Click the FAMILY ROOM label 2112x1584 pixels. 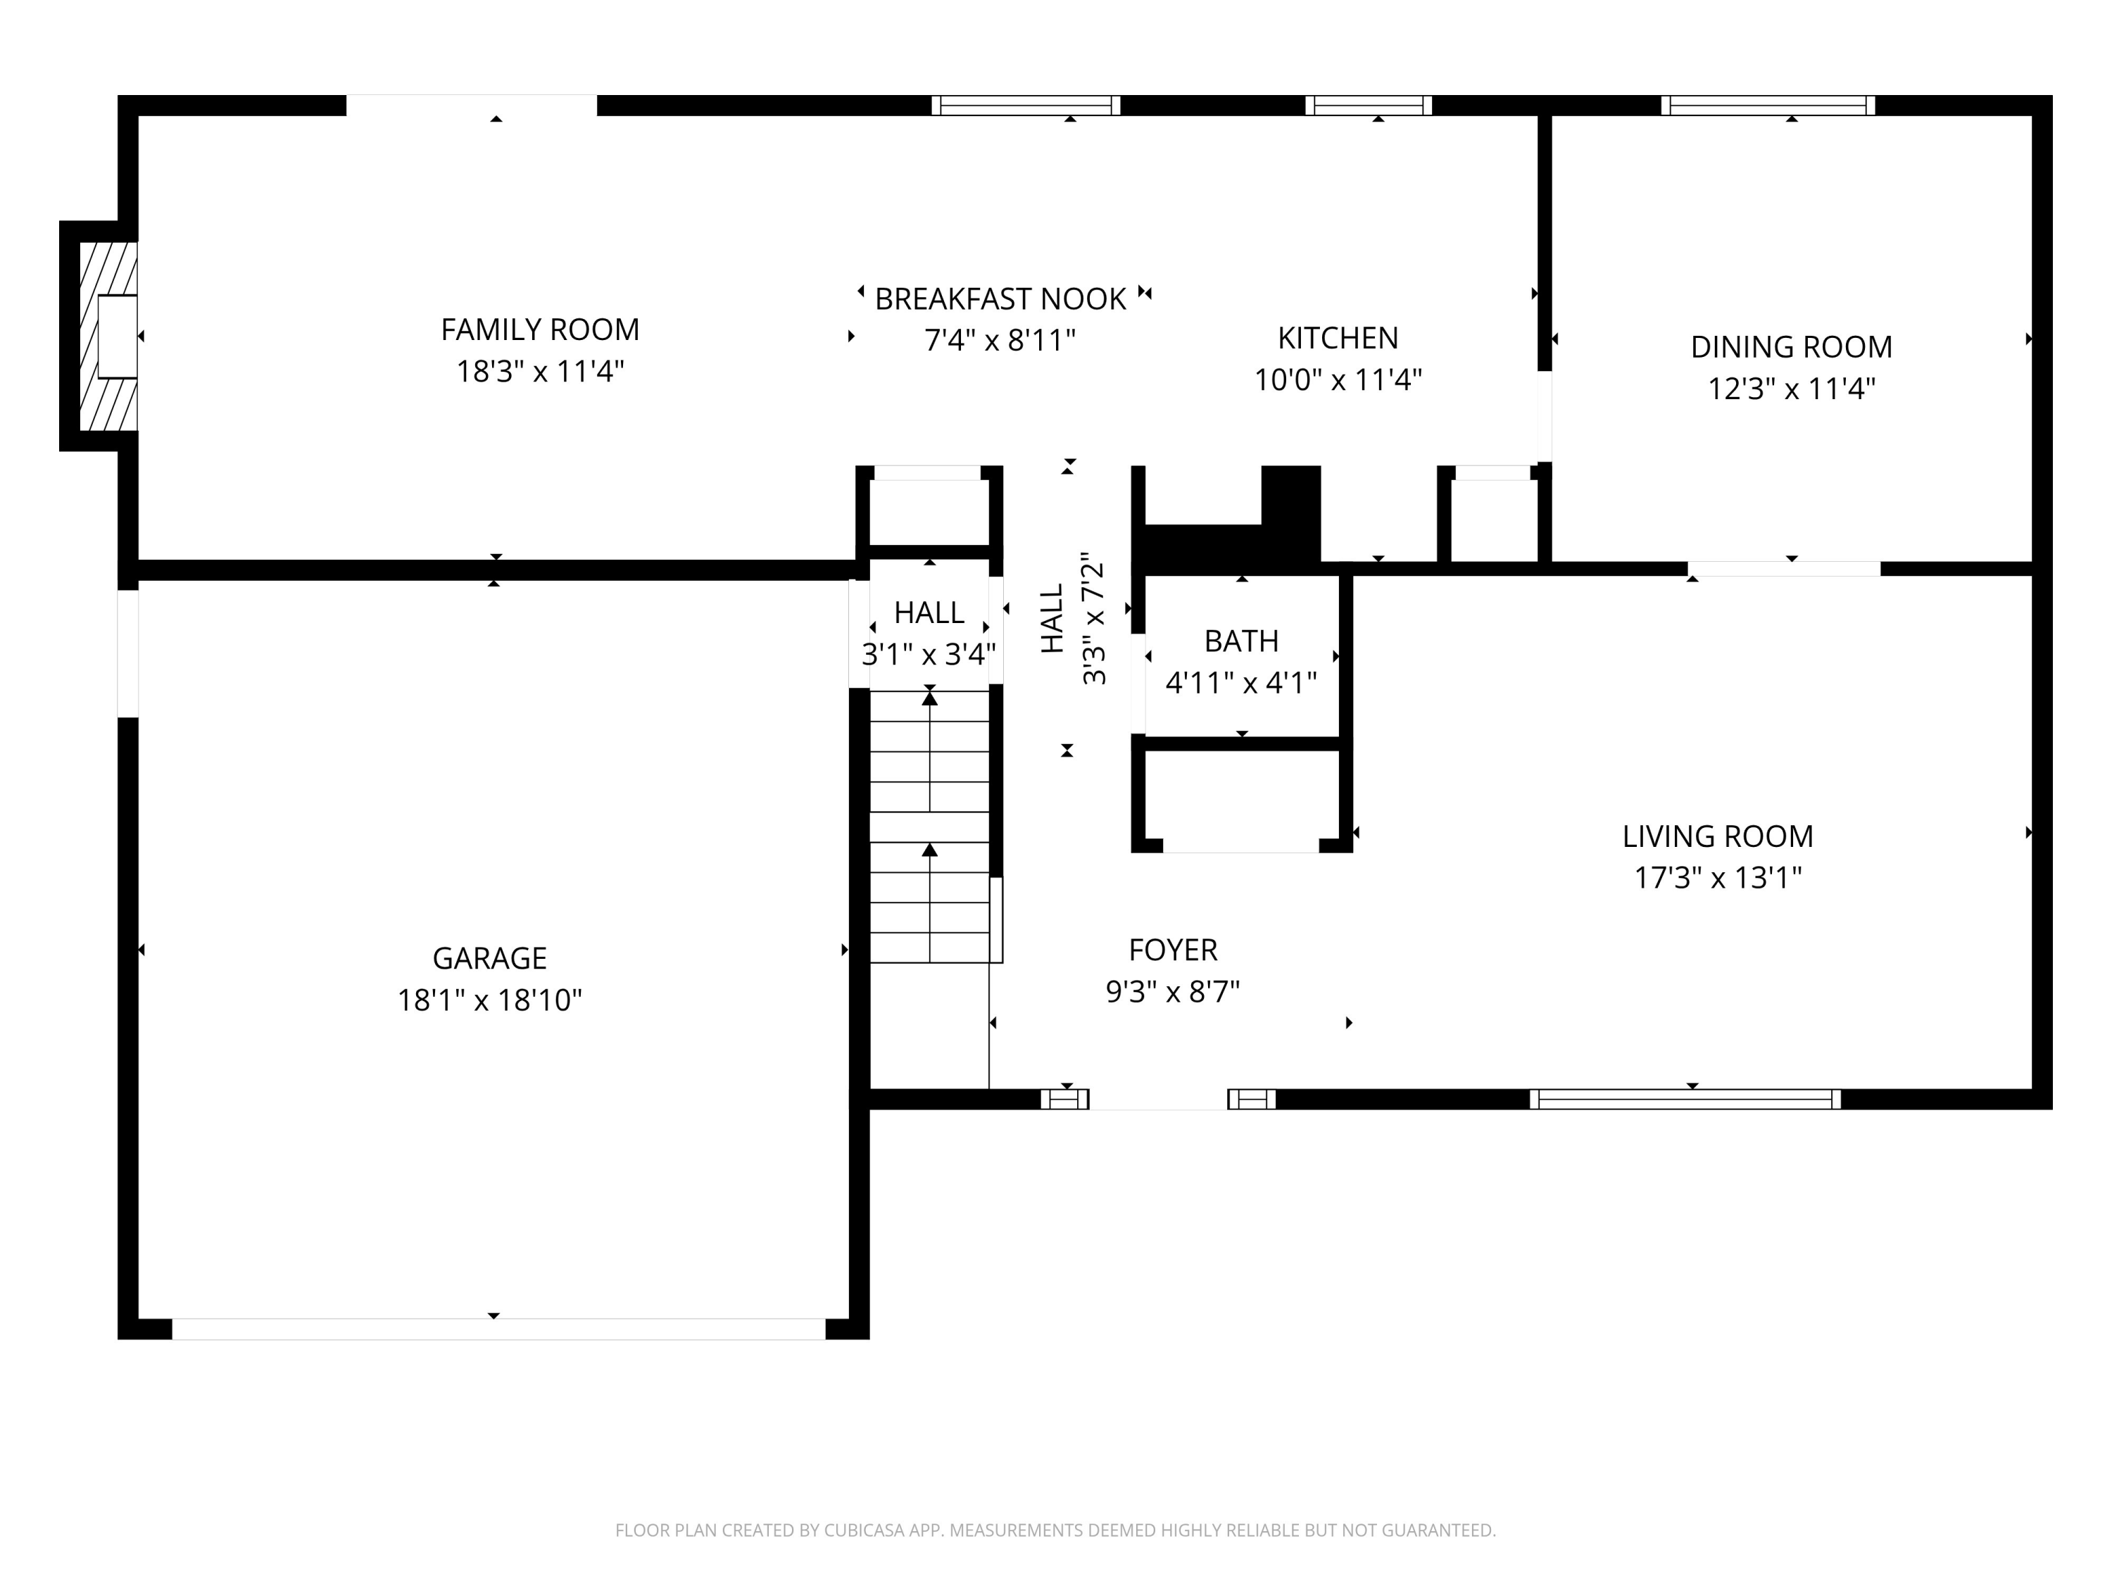point(539,329)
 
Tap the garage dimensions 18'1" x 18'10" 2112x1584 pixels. point(490,1000)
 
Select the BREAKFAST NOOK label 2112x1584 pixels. point(1000,299)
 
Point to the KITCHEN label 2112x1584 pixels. point(1337,338)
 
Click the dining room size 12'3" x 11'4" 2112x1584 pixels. point(1790,389)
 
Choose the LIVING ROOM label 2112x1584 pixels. point(1717,836)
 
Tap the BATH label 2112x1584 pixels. point(1240,641)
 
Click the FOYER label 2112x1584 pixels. point(1172,950)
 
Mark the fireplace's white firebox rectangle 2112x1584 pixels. point(116,336)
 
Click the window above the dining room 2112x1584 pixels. point(1767,105)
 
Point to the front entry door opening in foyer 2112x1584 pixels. point(1157,1099)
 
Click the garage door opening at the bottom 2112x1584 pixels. point(498,1329)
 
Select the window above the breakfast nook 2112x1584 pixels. point(1026,105)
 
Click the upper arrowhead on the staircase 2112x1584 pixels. point(929,699)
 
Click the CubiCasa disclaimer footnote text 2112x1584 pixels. point(1055,1530)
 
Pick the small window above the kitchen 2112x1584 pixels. point(1368,105)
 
